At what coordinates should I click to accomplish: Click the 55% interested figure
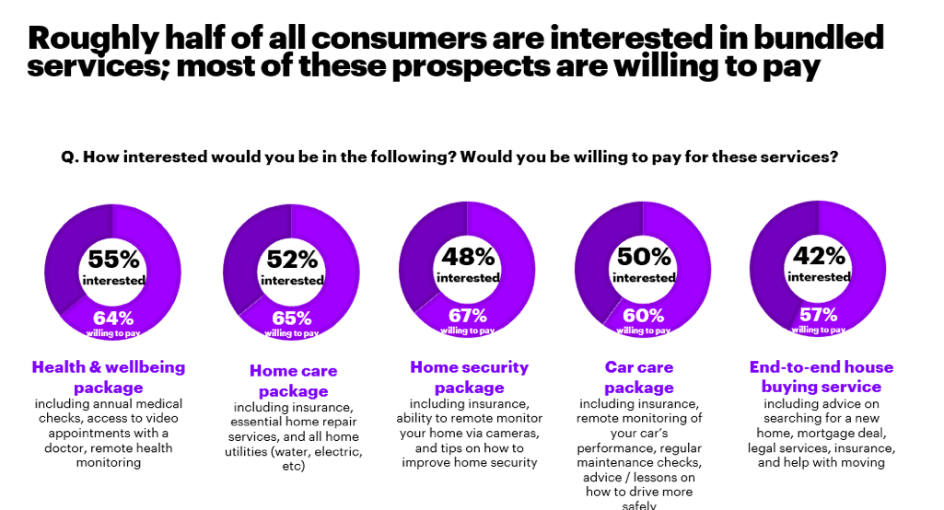[113, 259]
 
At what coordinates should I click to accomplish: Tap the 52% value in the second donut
[292, 260]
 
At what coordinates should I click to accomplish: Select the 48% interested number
[468, 257]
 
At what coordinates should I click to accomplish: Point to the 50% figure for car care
[644, 257]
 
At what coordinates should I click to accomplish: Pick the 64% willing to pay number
[112, 319]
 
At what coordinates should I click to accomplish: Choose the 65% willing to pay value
[292, 319]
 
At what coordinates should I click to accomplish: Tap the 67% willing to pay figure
[468, 316]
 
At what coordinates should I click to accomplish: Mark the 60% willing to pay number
[644, 316]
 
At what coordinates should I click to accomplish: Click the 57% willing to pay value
[819, 315]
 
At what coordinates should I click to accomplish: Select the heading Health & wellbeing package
[109, 377]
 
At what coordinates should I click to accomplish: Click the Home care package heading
[293, 381]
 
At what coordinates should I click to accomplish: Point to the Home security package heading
[470, 377]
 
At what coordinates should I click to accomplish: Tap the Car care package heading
[639, 377]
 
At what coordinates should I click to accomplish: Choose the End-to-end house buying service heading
[822, 377]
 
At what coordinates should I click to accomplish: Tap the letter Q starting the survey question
[67, 157]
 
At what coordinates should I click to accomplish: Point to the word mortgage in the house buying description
[829, 433]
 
